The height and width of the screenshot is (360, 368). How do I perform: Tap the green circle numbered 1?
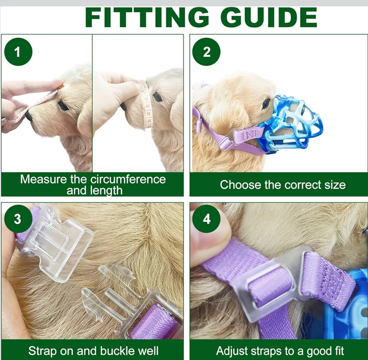pos(18,52)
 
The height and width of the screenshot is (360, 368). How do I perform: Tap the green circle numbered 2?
pos(206,52)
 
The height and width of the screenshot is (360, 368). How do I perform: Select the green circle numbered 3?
pos(18,219)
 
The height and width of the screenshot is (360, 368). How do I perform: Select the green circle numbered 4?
pos(206,219)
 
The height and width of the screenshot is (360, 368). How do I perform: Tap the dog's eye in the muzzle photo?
pos(266,103)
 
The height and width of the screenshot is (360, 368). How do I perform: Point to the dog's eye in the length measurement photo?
pos(63,106)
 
